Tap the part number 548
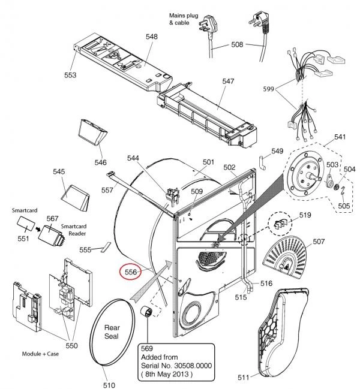pos(151,37)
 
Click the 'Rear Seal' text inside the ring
pos(113,332)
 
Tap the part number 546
pos(101,162)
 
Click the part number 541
pos(340,138)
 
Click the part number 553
pos(71,76)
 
